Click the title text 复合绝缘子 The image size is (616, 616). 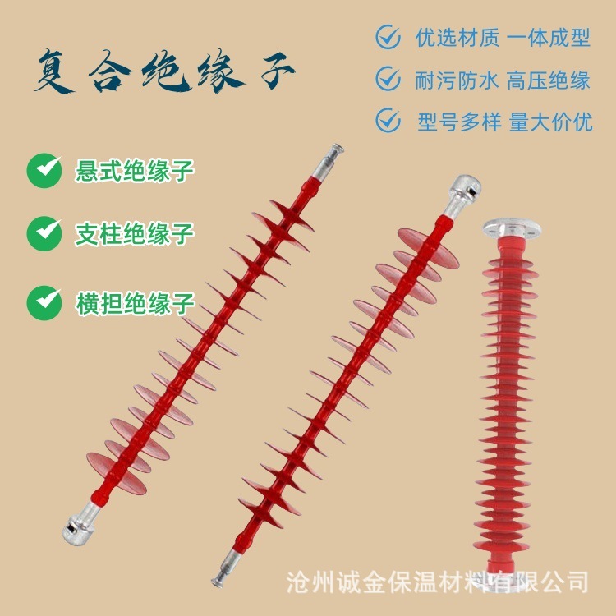[163, 74]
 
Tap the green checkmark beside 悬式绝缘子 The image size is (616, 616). [44, 171]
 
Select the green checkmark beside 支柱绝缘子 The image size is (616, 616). [44, 233]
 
